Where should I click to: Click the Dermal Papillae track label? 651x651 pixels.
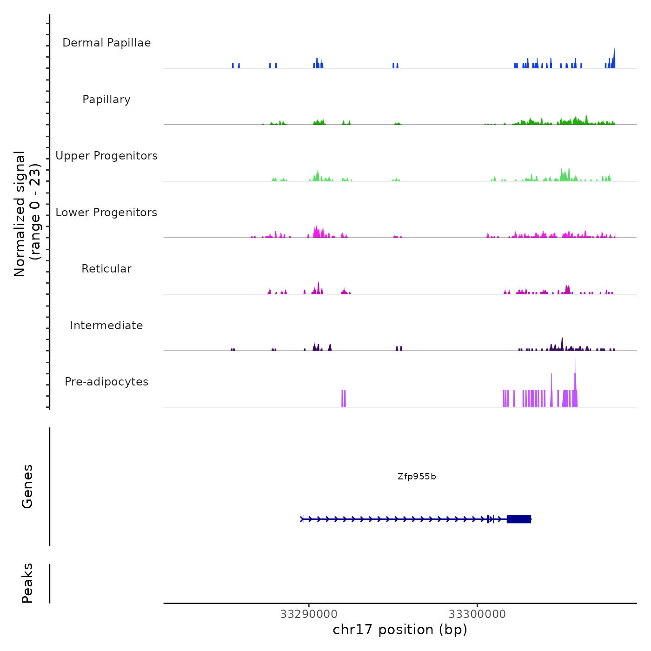coord(106,43)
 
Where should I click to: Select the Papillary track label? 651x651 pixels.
coord(106,100)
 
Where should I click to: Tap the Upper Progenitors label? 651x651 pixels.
coord(106,156)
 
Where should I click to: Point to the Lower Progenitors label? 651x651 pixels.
coord(106,213)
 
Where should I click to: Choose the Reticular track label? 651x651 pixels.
coord(106,269)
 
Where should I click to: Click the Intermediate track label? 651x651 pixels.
coord(106,325)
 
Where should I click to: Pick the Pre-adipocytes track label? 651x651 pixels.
coord(106,382)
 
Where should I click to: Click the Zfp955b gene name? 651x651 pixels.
coord(417,477)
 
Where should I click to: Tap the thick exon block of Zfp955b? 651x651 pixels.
coord(519,519)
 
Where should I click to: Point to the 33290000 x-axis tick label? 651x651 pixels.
coord(309,614)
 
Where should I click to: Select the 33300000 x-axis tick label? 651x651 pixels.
coord(477,614)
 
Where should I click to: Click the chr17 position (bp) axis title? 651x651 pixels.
coord(400,630)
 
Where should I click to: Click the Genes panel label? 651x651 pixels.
coord(27,486)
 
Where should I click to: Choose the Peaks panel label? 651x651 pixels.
coord(27,583)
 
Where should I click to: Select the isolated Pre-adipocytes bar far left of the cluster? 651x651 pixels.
coord(344,399)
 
